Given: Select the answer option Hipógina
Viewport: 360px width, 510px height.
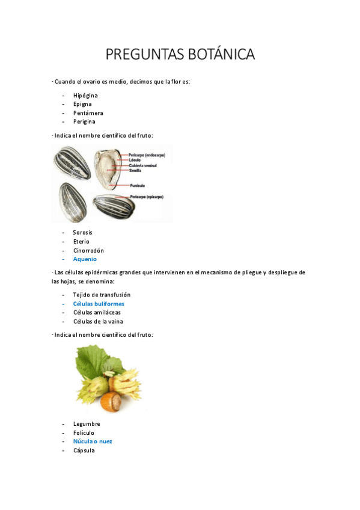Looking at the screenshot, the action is pyautogui.click(x=85, y=96).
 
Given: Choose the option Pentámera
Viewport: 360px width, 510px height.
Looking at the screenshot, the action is pyautogui.click(x=88, y=113).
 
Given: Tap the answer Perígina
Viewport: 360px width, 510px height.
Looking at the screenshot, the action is pyautogui.click(x=84, y=121).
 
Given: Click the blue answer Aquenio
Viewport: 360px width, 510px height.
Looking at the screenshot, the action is pyautogui.click(x=85, y=259).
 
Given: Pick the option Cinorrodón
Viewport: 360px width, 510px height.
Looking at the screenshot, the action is pyautogui.click(x=88, y=250).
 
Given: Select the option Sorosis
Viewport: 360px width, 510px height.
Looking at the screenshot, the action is pyautogui.click(x=82, y=233).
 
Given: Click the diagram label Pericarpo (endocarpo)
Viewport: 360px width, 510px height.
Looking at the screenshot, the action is pyautogui.click(x=147, y=155).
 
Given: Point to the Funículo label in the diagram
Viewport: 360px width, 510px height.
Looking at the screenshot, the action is pyautogui.click(x=137, y=185).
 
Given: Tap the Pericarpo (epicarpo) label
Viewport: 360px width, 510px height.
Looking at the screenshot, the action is pyautogui.click(x=146, y=197).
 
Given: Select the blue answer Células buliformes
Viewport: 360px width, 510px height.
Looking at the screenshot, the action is pyautogui.click(x=99, y=304).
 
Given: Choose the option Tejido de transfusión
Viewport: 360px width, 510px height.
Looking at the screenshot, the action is pyautogui.click(x=102, y=295).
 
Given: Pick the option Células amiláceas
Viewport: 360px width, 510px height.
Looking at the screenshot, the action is pyautogui.click(x=97, y=313).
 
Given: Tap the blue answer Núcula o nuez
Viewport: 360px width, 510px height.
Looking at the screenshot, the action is pyautogui.click(x=93, y=441).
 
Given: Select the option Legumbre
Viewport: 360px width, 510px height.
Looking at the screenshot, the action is pyautogui.click(x=87, y=424).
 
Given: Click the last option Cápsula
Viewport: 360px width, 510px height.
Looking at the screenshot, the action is pyautogui.click(x=84, y=450).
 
